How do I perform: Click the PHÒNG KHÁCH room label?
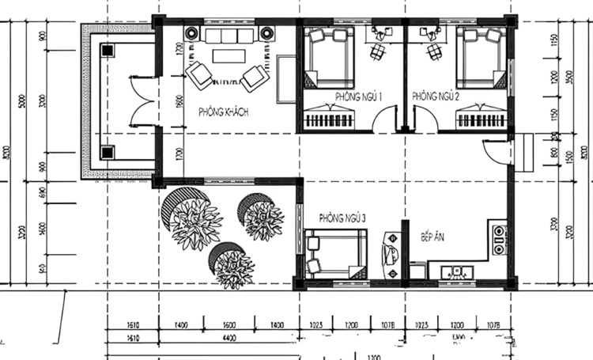tap(224, 113)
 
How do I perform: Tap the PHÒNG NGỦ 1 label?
tap(359, 97)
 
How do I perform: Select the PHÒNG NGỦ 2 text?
tap(435, 97)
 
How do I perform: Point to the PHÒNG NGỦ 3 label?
tap(342, 216)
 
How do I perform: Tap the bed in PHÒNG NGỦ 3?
tap(336, 253)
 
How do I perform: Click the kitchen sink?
tap(456, 271)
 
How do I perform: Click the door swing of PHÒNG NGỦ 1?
tap(385, 120)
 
